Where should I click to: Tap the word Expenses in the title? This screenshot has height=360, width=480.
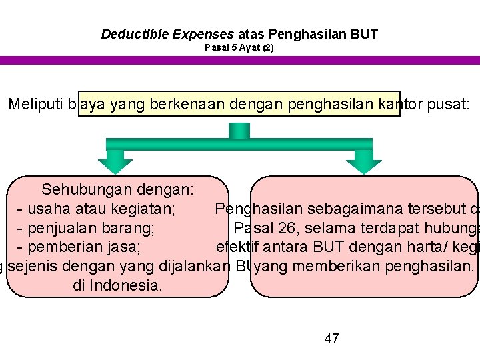point(201,33)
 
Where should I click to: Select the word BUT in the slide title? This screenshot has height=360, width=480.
point(365,33)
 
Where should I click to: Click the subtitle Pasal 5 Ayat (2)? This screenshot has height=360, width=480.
point(239,48)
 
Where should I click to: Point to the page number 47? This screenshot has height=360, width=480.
point(331,339)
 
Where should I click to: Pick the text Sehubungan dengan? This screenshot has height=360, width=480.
point(118,190)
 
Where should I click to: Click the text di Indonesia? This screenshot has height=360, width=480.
point(118,285)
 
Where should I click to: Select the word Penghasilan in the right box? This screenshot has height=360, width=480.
point(253,209)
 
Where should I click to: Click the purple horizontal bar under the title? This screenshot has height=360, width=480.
point(240,60)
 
